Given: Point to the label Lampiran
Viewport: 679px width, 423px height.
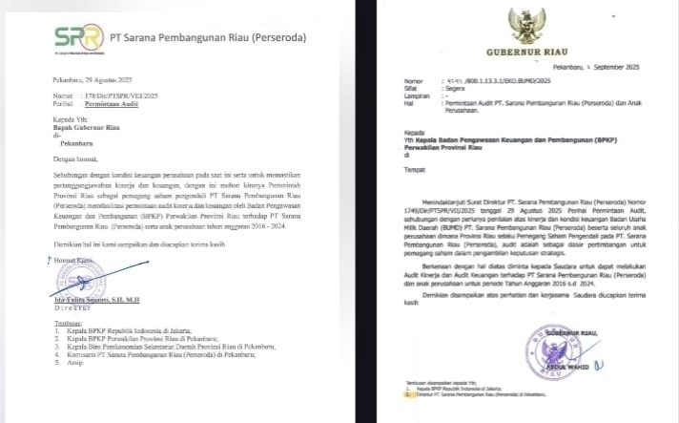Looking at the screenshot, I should tap(415, 95).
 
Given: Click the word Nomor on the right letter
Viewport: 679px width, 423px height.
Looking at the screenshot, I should tap(412, 81).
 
